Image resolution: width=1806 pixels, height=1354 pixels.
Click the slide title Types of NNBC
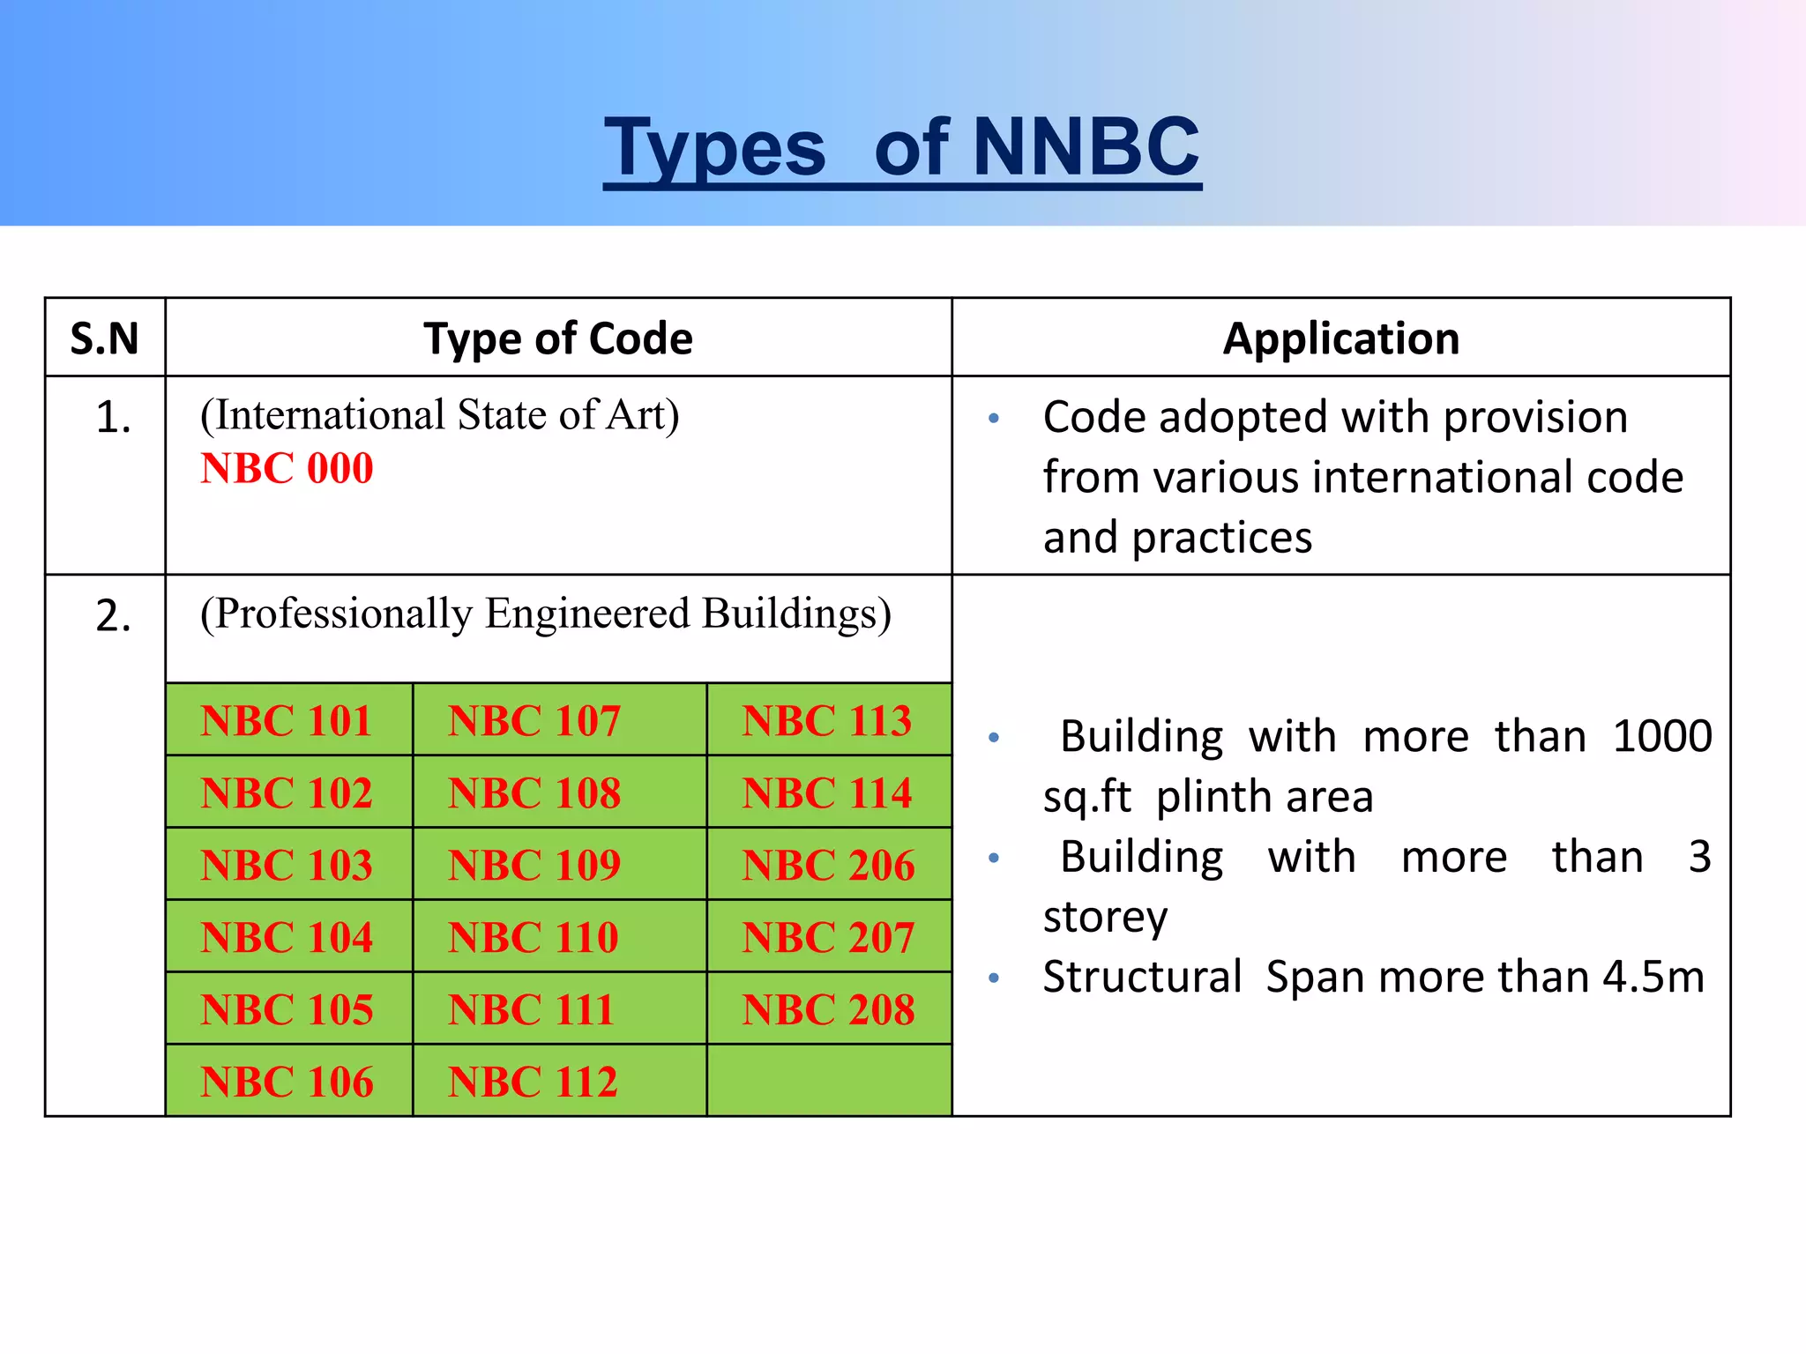(901, 147)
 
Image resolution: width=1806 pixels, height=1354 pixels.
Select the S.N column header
(104, 338)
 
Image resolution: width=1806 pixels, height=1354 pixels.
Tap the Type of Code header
(557, 338)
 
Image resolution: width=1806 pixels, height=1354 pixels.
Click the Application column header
(1340, 338)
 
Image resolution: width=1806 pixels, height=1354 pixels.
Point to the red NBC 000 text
(287, 468)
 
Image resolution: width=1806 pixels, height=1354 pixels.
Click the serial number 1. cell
(113, 417)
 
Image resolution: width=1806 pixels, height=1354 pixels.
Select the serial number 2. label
(113, 615)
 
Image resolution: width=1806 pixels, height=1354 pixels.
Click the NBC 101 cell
(287, 720)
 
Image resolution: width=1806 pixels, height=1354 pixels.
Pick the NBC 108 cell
(534, 792)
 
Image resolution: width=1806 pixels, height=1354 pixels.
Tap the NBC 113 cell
(827, 720)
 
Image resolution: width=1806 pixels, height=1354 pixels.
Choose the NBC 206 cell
(828, 865)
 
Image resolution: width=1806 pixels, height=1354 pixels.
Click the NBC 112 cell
(533, 1082)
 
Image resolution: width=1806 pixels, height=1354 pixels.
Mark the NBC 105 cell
(287, 1009)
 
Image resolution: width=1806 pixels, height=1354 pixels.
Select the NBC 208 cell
(828, 1009)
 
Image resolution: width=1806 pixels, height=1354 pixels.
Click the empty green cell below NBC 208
(828, 1081)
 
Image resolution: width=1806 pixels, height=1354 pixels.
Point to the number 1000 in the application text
(1661, 736)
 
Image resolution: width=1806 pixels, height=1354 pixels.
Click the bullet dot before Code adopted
(994, 418)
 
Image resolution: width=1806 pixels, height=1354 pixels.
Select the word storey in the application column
(1105, 918)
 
